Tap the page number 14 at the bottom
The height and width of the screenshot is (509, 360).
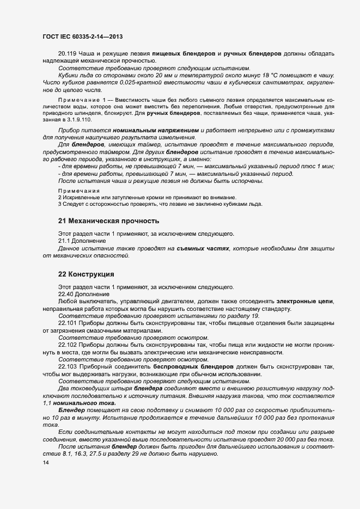click(45, 463)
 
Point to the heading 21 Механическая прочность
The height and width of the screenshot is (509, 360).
click(108, 220)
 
